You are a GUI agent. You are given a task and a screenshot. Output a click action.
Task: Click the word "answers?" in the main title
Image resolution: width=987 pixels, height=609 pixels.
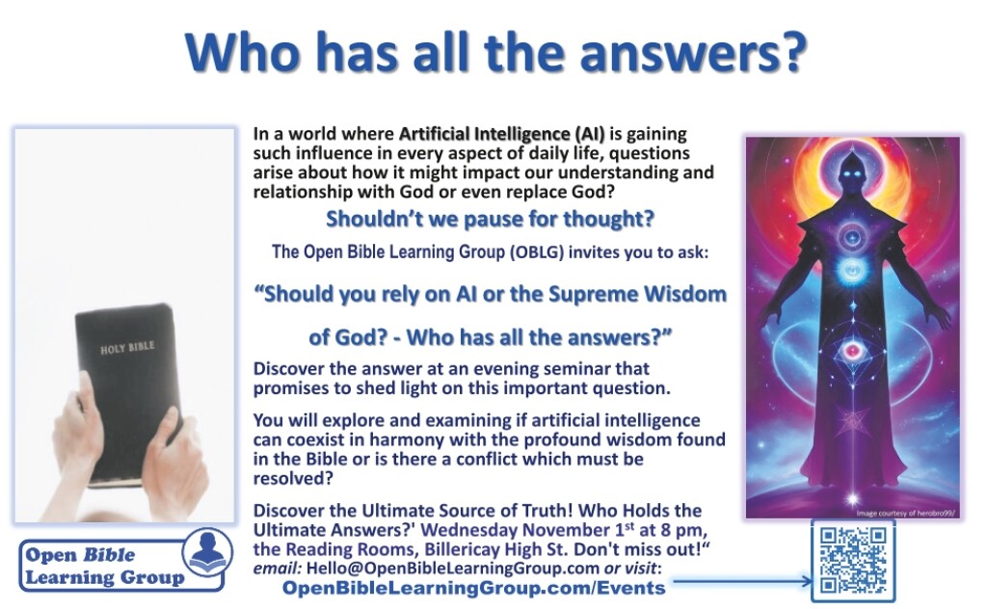coord(693,53)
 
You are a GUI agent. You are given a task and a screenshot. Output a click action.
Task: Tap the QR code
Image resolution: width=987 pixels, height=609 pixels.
coord(853,561)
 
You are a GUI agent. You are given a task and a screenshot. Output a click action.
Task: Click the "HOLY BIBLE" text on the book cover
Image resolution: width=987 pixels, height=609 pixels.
coord(127,347)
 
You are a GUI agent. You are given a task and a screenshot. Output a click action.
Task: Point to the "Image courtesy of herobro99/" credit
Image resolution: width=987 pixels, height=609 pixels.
coord(905,514)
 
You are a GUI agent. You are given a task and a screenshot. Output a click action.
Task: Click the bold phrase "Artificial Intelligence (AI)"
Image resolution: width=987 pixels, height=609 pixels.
coord(501,134)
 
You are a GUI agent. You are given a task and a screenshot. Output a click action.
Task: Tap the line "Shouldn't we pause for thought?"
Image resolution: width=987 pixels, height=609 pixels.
coord(490,219)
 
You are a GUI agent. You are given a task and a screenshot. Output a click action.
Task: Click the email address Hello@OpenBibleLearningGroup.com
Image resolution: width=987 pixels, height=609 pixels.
coord(453,569)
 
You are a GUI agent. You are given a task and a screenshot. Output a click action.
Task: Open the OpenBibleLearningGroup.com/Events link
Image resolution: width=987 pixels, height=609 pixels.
coord(473,588)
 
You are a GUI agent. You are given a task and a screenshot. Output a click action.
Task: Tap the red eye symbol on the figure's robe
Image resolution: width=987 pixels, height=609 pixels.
coord(853,350)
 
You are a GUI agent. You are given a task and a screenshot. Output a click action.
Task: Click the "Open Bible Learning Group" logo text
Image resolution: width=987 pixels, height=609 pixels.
coord(104,567)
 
